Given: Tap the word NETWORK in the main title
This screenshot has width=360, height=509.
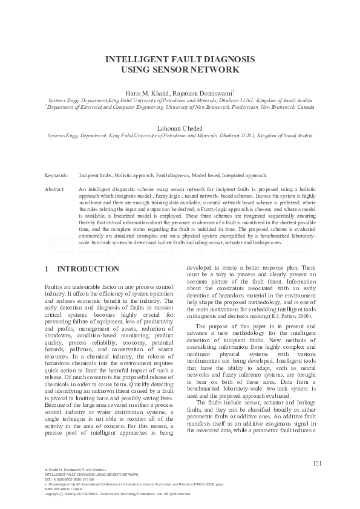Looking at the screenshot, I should [x=218, y=70].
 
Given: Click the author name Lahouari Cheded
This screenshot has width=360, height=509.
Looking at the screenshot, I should [x=180, y=129].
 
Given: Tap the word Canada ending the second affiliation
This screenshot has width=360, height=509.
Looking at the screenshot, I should [x=304, y=106].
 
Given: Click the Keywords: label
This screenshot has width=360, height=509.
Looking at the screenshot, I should [x=57, y=175].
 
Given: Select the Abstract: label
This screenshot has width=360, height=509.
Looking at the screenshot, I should [x=55, y=189].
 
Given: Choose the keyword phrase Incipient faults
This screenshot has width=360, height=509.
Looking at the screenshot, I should [x=96, y=175].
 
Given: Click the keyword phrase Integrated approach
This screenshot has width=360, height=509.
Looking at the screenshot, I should [x=244, y=175].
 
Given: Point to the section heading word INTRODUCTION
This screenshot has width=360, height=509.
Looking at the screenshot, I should [x=88, y=268].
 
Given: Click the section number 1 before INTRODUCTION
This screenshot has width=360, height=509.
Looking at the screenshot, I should [x=47, y=268].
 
